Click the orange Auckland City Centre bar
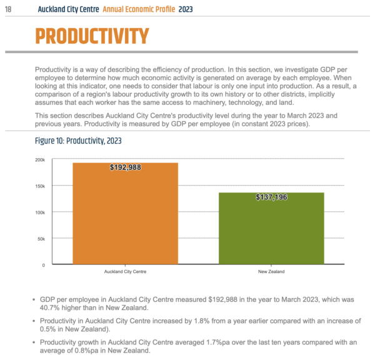[x=126, y=213]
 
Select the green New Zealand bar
[x=271, y=228]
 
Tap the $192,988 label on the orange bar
[x=126, y=167]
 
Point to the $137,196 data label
[x=271, y=197]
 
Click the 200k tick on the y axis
[x=40, y=160]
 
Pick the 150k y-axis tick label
[x=40, y=186]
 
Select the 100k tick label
[x=40, y=212]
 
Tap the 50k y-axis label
[x=41, y=239]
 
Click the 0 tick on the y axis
[x=44, y=265]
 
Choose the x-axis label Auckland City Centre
[x=126, y=271]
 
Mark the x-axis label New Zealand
[x=271, y=271]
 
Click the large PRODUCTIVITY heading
[x=92, y=36]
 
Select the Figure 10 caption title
[x=78, y=141]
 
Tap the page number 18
[x=8, y=9]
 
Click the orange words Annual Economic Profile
[x=139, y=9]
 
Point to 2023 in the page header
[x=186, y=9]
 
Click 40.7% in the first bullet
[x=50, y=307]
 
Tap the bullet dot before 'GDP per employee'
[x=34, y=299]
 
